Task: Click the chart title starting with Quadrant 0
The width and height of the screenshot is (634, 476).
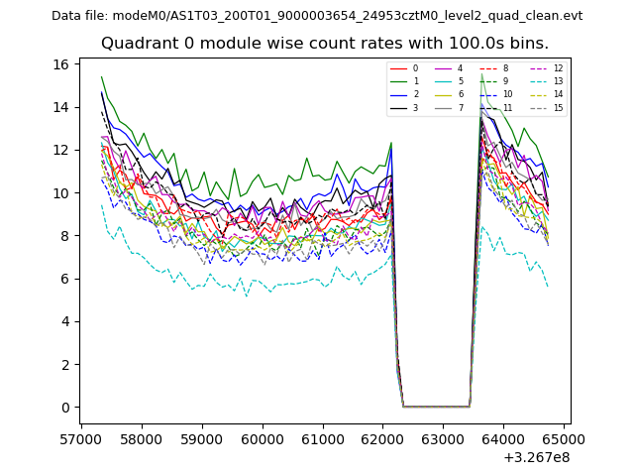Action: point(324,44)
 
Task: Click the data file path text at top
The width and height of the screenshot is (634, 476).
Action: point(317,16)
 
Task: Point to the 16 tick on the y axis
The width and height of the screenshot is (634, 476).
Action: point(60,64)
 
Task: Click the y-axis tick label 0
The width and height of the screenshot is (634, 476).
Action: point(64,408)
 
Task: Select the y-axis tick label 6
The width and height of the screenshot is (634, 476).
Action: point(64,279)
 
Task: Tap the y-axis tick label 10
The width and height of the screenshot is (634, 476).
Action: point(60,193)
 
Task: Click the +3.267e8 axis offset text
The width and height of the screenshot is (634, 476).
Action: point(536,457)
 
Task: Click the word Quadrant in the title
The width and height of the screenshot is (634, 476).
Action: point(140,44)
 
